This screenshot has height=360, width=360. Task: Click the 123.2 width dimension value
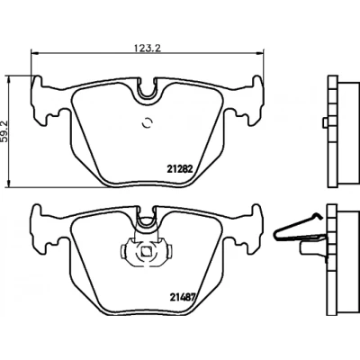148,48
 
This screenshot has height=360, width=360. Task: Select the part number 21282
179,170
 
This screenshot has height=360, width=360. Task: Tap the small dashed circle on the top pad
147,122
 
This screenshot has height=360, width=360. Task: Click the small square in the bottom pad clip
146,251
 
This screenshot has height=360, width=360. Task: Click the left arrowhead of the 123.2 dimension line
35,53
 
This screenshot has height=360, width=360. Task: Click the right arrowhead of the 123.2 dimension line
259,53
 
